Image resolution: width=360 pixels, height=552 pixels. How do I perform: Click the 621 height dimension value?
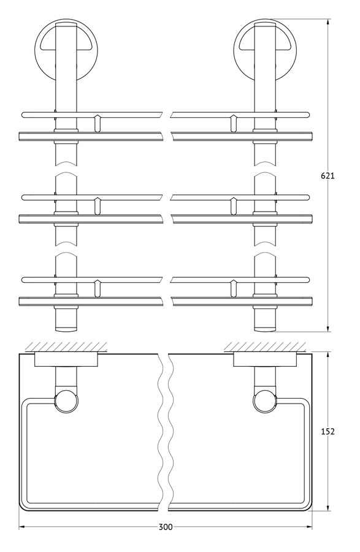pyautogui.click(x=327, y=175)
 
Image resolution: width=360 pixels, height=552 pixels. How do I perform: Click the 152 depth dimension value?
pyautogui.click(x=327, y=431)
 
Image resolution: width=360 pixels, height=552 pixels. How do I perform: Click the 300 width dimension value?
pyautogui.click(x=166, y=527)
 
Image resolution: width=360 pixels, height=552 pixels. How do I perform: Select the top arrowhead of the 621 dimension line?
pyautogui.click(x=328, y=22)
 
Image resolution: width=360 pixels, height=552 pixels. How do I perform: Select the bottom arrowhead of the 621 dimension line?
pyautogui.click(x=328, y=328)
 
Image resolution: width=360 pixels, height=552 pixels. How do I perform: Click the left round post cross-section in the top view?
pyautogui.click(x=66, y=401)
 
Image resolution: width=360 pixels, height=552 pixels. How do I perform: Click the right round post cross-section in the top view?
pyautogui.click(x=265, y=401)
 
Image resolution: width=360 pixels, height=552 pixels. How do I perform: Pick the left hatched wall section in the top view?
pyautogui.click(x=66, y=347)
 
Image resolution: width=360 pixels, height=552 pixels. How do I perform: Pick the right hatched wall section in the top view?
pyautogui.click(x=265, y=347)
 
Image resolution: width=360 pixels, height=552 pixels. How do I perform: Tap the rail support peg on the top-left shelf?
pyautogui.click(x=98, y=123)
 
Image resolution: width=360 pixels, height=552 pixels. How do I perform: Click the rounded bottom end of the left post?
pyautogui.click(x=66, y=329)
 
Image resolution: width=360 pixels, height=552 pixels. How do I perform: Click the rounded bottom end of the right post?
pyautogui.click(x=265, y=329)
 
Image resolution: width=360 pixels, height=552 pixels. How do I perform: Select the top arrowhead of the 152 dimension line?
pyautogui.click(x=328, y=355)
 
